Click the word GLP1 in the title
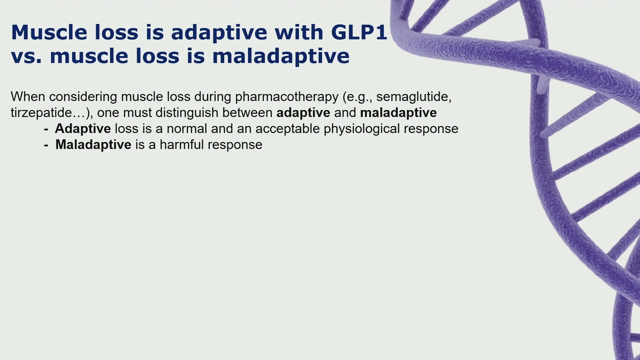pos(359,32)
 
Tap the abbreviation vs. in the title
pos(27,56)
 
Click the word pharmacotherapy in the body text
pos(287,97)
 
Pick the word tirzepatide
pos(41,113)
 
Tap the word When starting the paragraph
pos(28,97)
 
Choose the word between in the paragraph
pos(247,113)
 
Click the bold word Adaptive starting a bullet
pos(83,129)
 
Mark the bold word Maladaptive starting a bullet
pos(93,145)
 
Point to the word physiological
pos(362,129)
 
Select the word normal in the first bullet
pos(187,129)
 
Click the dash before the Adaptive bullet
pos(46,129)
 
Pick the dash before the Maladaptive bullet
pos(46,145)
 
